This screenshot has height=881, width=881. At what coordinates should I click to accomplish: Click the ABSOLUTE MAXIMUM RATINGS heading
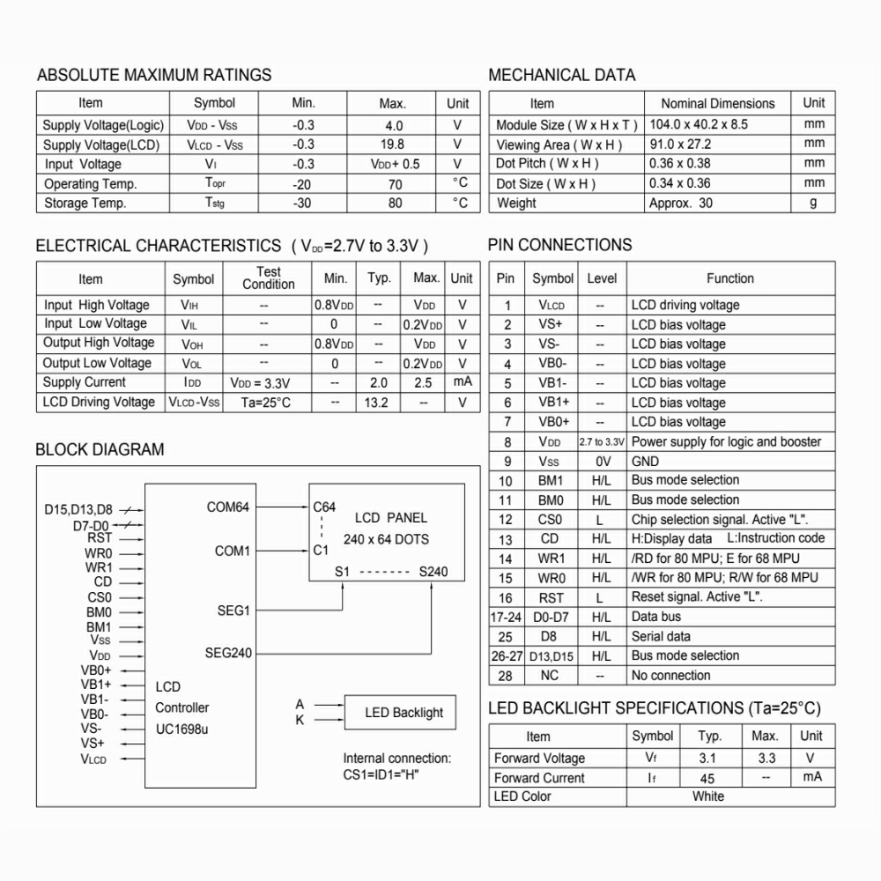tap(154, 75)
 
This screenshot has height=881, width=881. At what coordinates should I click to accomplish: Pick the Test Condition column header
tap(269, 278)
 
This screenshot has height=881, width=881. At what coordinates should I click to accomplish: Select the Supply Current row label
tap(85, 382)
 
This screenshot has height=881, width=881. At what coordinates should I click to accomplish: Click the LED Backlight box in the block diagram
tap(404, 713)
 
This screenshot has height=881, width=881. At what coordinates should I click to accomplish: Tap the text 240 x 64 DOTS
tap(385, 538)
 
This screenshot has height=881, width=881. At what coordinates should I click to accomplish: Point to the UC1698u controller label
tap(182, 729)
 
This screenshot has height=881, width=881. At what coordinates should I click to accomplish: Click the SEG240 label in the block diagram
tap(228, 653)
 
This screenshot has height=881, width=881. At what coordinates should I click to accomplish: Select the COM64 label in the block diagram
tap(228, 507)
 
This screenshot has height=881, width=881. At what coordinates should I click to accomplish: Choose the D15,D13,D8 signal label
tap(78, 509)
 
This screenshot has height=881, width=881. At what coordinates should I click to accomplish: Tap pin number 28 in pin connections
tap(506, 676)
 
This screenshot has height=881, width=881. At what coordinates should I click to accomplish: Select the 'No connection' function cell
tap(670, 676)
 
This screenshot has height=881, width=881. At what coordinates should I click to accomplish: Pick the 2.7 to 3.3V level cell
tap(602, 441)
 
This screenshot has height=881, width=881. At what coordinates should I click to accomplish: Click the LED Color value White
tap(708, 796)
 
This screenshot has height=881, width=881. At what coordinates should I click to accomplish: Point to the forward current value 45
tap(707, 778)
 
